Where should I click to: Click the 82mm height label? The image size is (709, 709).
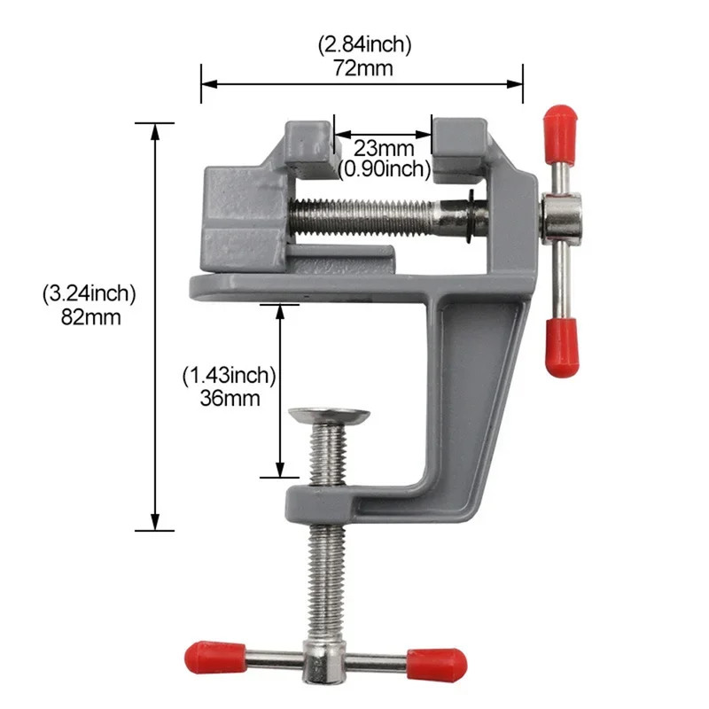89,317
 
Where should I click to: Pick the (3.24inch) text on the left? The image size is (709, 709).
89,294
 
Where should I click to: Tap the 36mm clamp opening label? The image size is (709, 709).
230,398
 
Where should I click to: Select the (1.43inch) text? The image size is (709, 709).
230,376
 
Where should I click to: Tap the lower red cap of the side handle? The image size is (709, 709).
561,347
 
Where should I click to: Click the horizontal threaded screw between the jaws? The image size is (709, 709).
372,216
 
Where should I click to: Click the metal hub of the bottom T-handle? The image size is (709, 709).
324,659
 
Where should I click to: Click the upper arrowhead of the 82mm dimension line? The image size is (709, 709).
156,130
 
